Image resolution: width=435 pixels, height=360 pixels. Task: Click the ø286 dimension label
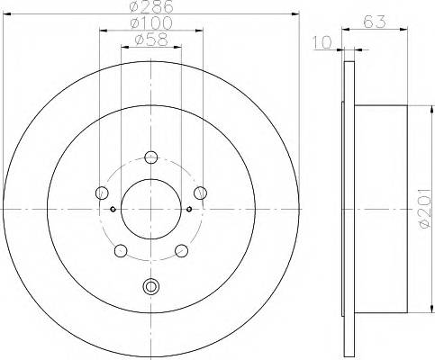(x=150, y=8)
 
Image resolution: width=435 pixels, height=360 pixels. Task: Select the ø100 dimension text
(x=150, y=23)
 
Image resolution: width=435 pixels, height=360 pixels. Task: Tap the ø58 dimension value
(x=150, y=40)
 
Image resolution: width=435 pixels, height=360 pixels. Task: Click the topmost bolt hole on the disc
(x=151, y=155)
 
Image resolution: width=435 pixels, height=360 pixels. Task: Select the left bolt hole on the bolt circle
(x=102, y=193)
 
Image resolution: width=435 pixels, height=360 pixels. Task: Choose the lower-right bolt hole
(x=182, y=248)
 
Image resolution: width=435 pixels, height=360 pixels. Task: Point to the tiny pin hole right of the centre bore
(x=190, y=210)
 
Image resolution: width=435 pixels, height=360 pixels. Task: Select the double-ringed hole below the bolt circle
(x=151, y=288)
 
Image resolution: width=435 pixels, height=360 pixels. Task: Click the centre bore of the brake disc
(x=151, y=210)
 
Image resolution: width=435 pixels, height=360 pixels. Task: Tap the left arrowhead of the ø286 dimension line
(x=6, y=15)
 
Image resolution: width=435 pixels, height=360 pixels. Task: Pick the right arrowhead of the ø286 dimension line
(x=295, y=15)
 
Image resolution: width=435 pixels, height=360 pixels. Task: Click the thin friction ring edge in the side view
(x=347, y=209)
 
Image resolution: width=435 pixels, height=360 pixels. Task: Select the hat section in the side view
(x=378, y=209)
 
